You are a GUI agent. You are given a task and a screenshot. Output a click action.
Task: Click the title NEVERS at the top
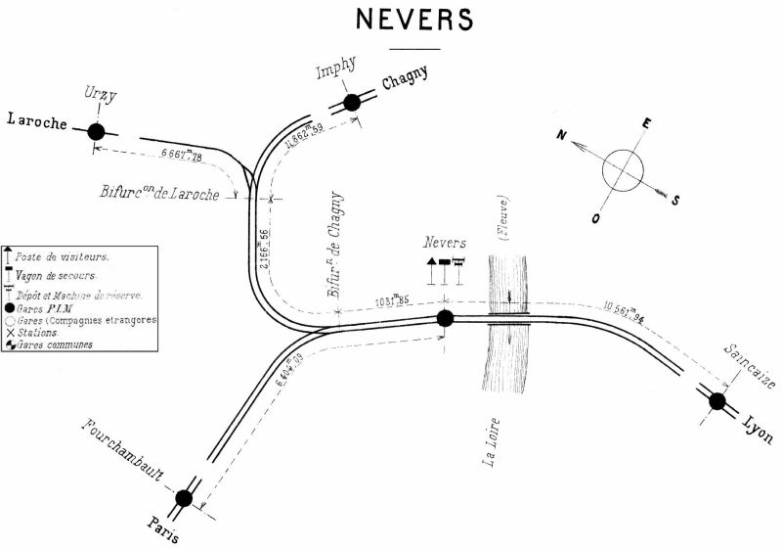[x=413, y=20]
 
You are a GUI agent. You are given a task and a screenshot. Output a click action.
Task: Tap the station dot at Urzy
[x=96, y=131]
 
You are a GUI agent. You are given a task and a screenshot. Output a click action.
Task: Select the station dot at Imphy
[x=352, y=102]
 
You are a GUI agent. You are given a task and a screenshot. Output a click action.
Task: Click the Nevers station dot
[x=445, y=317]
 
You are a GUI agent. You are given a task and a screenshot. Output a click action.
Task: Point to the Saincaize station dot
[x=717, y=400]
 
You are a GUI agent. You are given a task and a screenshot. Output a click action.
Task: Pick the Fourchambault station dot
[x=184, y=498]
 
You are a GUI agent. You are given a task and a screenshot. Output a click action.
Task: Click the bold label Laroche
[x=37, y=121]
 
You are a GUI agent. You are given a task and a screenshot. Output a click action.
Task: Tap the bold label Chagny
[x=406, y=83]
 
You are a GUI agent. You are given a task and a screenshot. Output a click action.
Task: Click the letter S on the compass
[x=675, y=201]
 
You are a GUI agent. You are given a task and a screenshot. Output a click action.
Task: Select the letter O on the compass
[x=594, y=218]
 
